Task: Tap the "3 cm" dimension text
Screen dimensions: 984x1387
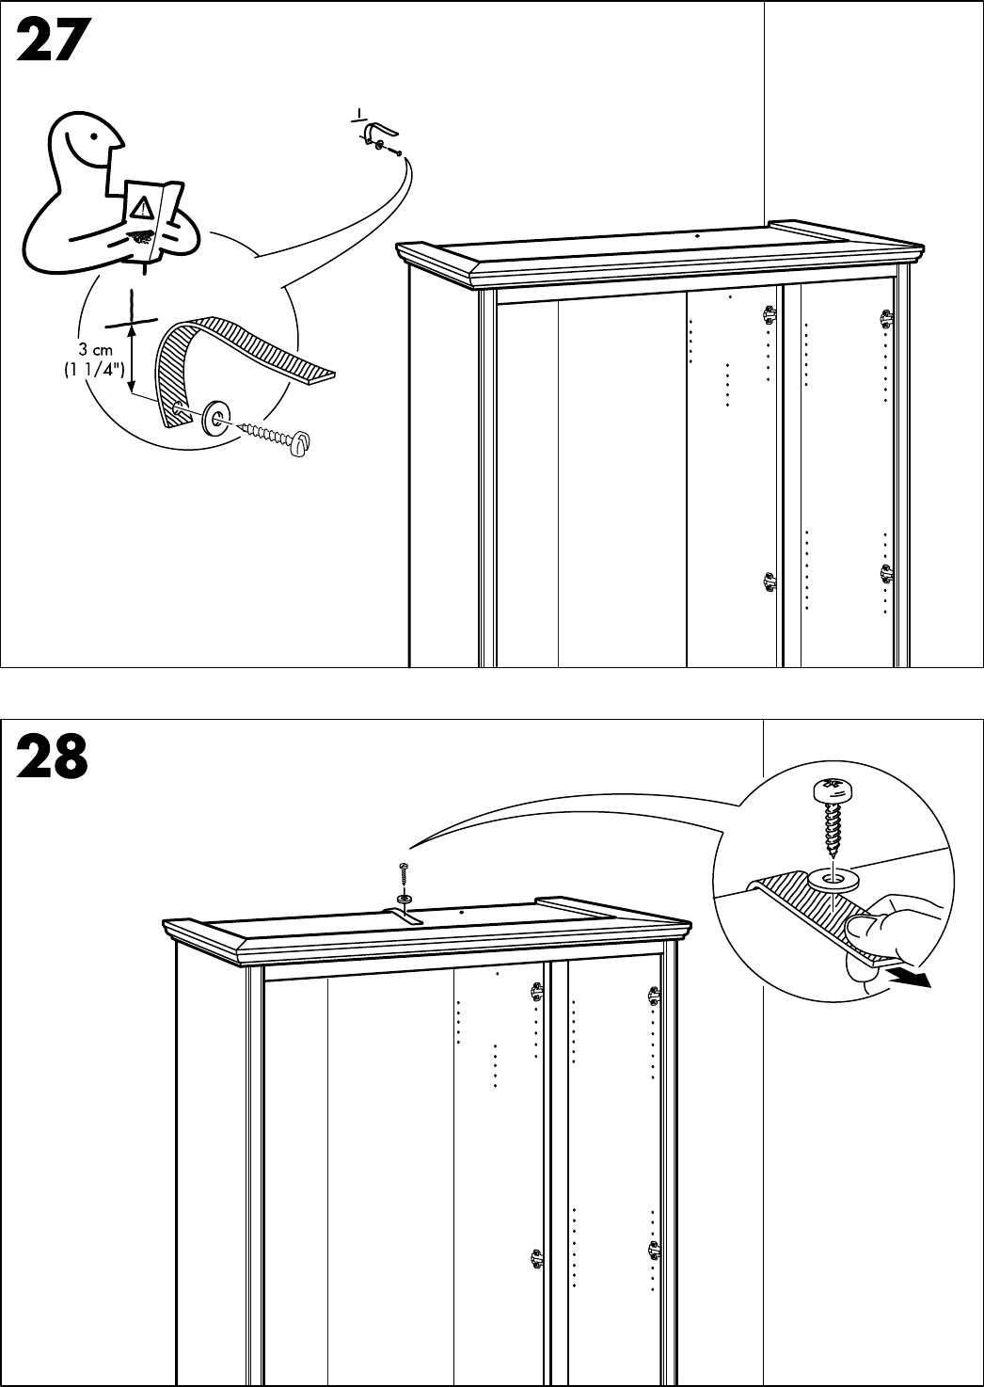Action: (96, 350)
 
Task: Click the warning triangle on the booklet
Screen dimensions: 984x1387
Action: (142, 206)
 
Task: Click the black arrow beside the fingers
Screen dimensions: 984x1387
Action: (910, 979)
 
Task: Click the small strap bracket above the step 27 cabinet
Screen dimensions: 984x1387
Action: (378, 134)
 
